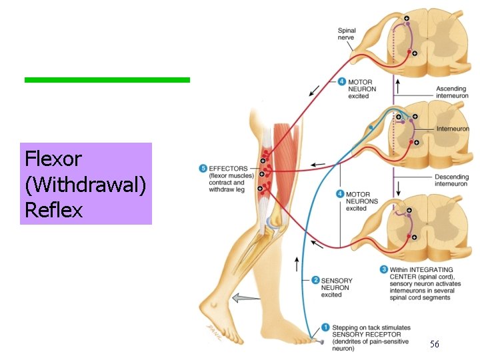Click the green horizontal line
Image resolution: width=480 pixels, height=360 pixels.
click(x=107, y=80)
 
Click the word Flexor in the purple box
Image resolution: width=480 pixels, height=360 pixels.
click(x=53, y=159)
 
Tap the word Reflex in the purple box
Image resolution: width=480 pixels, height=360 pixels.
click(x=53, y=211)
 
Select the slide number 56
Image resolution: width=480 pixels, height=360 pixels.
click(x=434, y=344)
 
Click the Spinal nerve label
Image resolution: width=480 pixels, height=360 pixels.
click(x=347, y=34)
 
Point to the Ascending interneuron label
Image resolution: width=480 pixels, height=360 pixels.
click(x=452, y=92)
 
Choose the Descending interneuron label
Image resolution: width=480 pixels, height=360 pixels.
click(x=452, y=180)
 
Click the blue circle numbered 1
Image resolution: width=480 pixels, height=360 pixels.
click(x=325, y=327)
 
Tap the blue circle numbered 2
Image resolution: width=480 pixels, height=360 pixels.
click(x=315, y=281)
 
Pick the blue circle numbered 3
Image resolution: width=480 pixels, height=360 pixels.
click(x=384, y=269)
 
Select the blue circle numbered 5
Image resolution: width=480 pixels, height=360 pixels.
click(x=203, y=169)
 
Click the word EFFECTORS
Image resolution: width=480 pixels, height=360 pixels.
click(x=228, y=169)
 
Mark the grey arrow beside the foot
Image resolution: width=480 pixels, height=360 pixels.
click(x=247, y=298)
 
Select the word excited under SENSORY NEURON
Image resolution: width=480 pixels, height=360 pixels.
click(x=331, y=295)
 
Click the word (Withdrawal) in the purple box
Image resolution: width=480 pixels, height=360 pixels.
click(x=85, y=185)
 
